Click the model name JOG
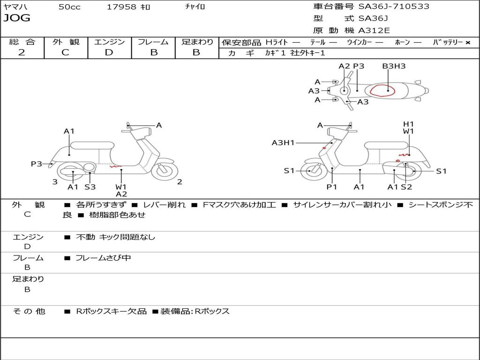[17, 18]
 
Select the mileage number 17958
[121, 7]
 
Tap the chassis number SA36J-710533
[394, 6]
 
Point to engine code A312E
[374, 30]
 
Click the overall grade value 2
[22, 52]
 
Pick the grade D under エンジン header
[109, 52]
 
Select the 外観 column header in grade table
[66, 42]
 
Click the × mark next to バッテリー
[468, 43]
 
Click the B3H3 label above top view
[394, 66]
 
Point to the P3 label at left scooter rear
[36, 164]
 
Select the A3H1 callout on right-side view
[283, 142]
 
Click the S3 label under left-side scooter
[90, 187]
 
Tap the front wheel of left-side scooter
[165, 170]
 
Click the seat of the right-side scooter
[386, 145]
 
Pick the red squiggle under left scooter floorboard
[115, 167]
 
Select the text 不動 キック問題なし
[115, 237]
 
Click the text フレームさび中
[103, 258]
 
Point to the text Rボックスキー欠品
[112, 311]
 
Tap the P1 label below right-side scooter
[331, 187]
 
